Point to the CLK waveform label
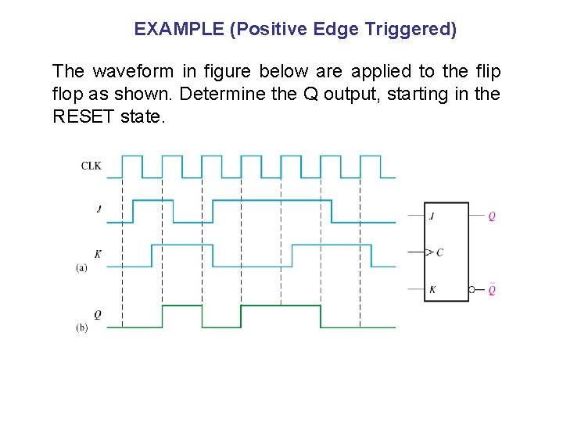[91, 166]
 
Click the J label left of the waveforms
[99, 209]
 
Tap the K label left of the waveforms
[98, 254]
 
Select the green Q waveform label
[97, 314]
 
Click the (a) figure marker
[81, 267]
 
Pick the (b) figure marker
[81, 327]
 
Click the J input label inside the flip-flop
[432, 216]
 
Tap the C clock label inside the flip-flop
[439, 252]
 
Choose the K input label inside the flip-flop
[432, 290]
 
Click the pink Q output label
[492, 216]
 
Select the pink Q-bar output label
[492, 290]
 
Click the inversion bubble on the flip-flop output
[472, 290]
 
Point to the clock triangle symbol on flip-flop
[428, 252]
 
